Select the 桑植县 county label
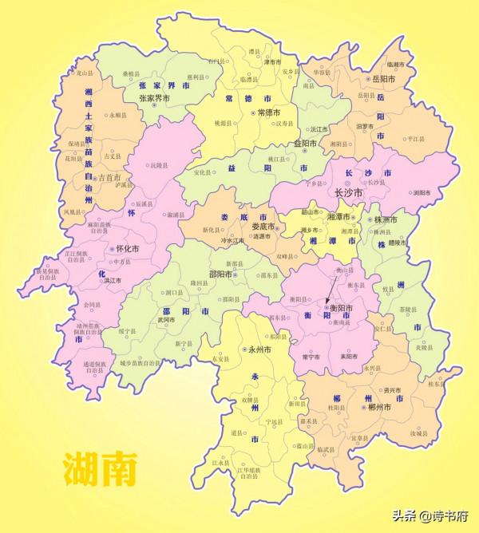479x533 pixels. (133, 74)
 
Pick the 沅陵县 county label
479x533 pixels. (160, 166)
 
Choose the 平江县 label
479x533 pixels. (417, 138)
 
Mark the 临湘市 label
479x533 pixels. (396, 64)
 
